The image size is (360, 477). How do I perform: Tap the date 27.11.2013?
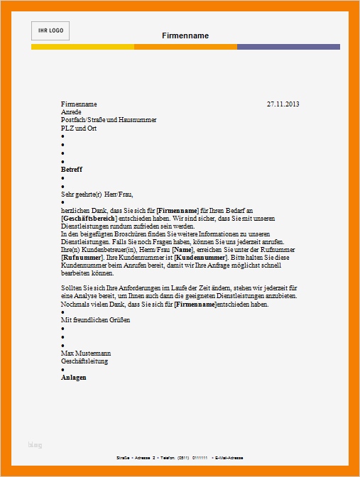[283, 104]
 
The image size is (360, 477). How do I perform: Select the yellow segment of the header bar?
[82, 47]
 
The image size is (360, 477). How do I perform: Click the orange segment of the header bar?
[185, 47]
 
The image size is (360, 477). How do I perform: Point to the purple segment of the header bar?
[288, 47]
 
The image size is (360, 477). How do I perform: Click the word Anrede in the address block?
[72, 112]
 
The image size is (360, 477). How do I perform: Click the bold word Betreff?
[72, 170]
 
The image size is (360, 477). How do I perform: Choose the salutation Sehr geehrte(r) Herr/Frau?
[97, 194]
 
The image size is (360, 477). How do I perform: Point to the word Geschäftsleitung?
[84, 361]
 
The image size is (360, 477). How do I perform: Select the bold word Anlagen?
[74, 378]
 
